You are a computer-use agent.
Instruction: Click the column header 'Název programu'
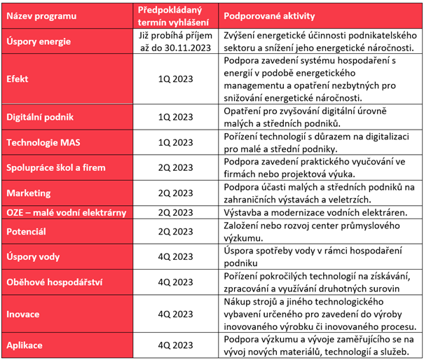[x=41, y=16]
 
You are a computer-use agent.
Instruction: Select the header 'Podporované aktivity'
[x=269, y=16]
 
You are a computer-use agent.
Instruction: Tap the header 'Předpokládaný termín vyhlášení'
[x=173, y=16]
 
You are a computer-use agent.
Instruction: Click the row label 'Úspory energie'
[x=39, y=41]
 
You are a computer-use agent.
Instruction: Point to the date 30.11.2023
[x=188, y=48]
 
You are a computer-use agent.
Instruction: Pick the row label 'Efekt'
[x=18, y=79]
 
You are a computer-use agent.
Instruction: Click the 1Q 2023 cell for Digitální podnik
[x=175, y=117]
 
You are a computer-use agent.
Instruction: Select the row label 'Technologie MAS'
[x=43, y=142]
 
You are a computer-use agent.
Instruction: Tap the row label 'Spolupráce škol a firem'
[x=56, y=167]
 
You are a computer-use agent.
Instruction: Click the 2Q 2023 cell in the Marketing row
[x=175, y=193]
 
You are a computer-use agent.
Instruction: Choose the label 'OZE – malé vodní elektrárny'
[x=67, y=213]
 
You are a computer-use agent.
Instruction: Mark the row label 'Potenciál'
[x=26, y=232]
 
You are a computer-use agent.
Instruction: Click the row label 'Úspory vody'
[x=33, y=256]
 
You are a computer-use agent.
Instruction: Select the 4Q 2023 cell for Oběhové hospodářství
[x=175, y=282]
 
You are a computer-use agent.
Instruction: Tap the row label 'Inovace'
[x=23, y=314]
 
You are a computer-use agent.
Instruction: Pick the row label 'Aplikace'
[x=25, y=345]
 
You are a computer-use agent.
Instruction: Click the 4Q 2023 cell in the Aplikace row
[x=175, y=345]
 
